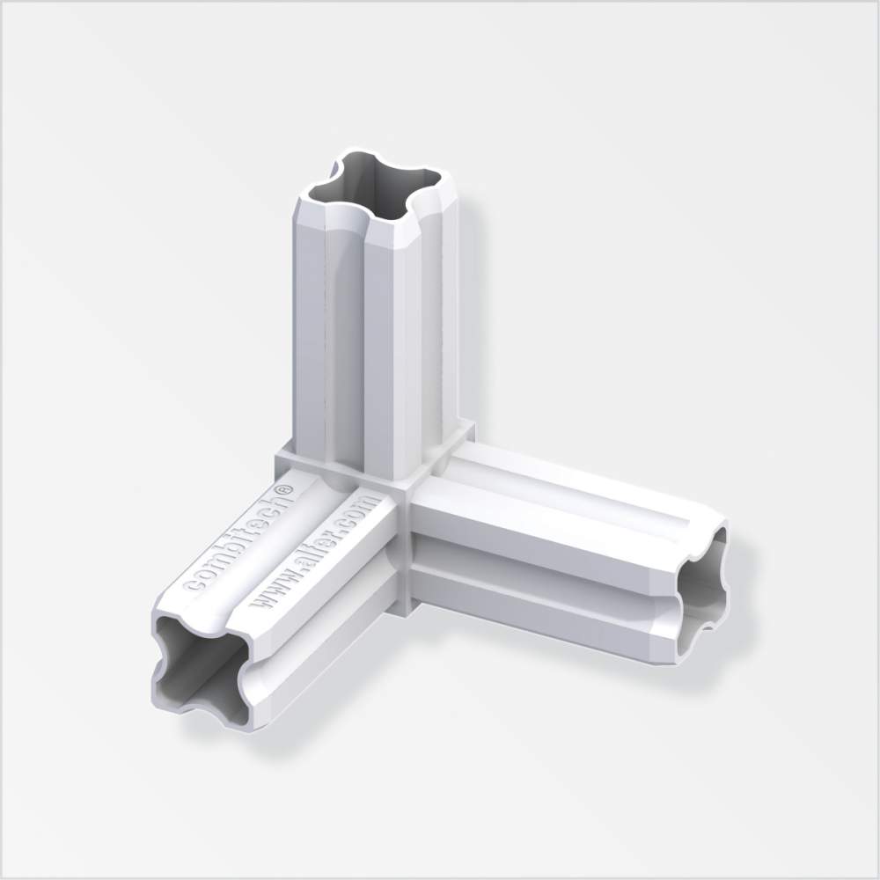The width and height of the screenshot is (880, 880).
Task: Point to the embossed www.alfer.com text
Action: (x=311, y=551)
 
